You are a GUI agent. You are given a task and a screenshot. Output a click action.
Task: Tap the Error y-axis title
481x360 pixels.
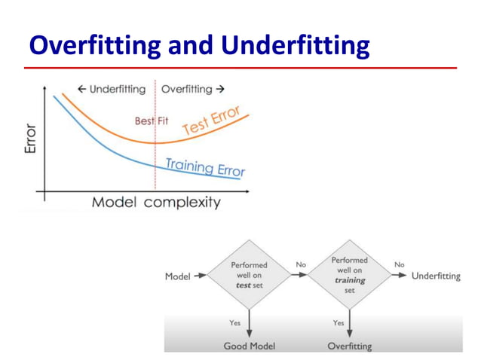click(x=30, y=140)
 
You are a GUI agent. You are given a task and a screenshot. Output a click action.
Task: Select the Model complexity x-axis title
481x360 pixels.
click(x=156, y=202)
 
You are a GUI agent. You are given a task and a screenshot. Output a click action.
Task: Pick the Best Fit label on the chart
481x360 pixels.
click(x=152, y=121)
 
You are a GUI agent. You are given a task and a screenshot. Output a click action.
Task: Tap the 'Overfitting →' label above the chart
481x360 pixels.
click(x=193, y=90)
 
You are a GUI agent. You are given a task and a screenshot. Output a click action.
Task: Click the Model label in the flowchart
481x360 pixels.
click(x=177, y=276)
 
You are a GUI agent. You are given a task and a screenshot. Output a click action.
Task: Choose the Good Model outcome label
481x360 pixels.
click(x=249, y=346)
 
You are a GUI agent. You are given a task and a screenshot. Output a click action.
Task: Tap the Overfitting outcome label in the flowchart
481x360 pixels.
click(x=349, y=346)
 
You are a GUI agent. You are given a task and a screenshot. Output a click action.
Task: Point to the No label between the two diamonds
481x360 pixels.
click(x=301, y=265)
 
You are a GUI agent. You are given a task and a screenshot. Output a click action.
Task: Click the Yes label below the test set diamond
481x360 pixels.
click(x=235, y=322)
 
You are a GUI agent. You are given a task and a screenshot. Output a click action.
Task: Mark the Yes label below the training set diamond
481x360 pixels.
click(x=339, y=322)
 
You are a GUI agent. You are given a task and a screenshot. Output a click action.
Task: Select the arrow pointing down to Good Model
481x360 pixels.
click(x=249, y=325)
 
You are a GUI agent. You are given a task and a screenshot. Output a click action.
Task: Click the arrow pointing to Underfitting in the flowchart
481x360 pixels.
click(x=398, y=276)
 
